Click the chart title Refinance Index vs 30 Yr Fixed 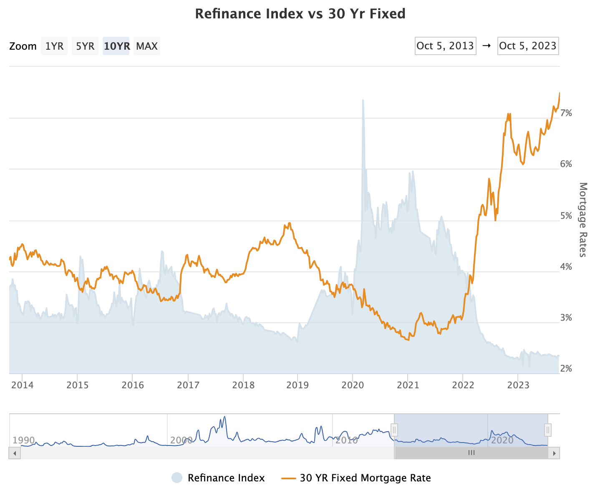tap(300, 14)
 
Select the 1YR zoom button tap(54, 46)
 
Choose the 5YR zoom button tap(85, 46)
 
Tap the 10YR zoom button tap(116, 46)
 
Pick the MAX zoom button tap(147, 46)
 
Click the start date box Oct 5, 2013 tap(445, 46)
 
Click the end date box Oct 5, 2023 tap(528, 46)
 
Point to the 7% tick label tap(566, 113)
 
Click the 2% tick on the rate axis tap(566, 369)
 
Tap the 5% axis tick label tap(566, 216)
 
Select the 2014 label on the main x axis tap(23, 385)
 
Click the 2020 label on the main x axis tap(353, 385)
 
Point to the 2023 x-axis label tap(518, 385)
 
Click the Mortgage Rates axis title tap(583, 220)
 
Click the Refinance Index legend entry tap(226, 478)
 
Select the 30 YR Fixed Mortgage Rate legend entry tap(365, 478)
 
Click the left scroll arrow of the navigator tap(15, 453)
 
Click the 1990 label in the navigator tap(24, 440)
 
